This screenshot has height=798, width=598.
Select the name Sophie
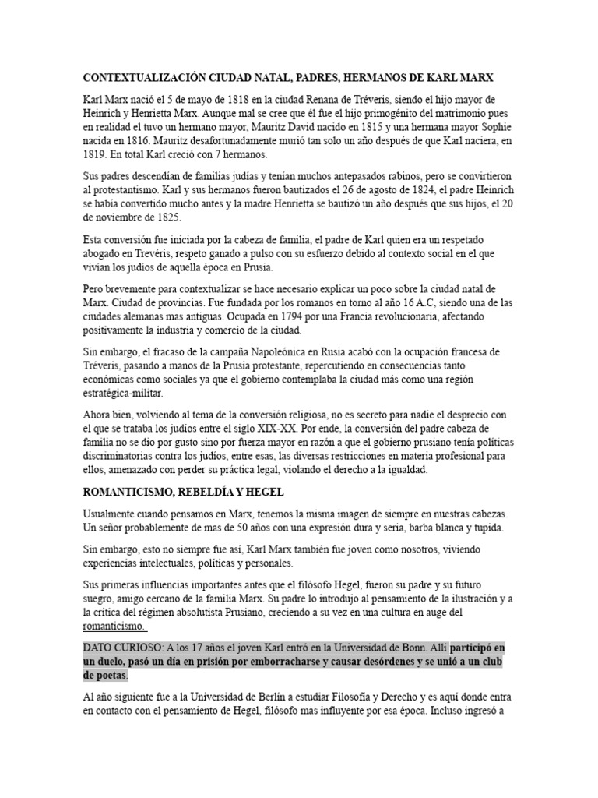click(491, 129)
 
